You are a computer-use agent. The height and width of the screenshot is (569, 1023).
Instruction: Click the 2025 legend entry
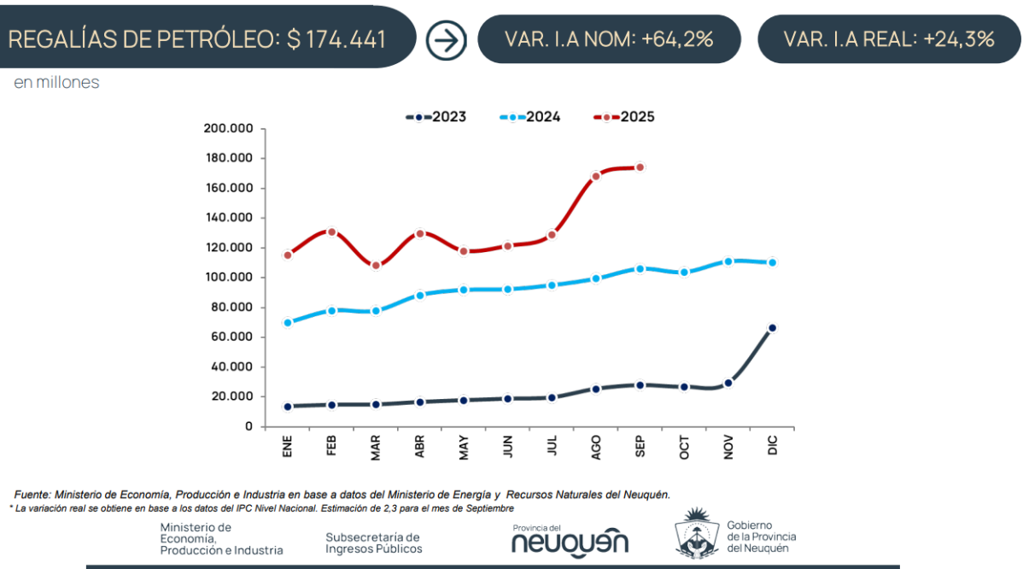(623, 117)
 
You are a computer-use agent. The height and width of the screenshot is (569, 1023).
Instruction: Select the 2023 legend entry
(436, 117)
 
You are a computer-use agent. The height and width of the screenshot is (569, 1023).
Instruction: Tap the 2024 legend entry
(529, 117)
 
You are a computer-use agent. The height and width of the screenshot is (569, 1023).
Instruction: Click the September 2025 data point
(640, 167)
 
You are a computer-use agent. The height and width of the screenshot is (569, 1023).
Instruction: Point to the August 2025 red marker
(596, 176)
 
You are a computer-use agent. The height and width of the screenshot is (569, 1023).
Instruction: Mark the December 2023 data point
(772, 328)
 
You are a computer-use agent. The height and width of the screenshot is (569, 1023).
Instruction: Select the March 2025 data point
(376, 266)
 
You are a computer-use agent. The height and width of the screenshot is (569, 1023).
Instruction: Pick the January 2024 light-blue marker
(288, 323)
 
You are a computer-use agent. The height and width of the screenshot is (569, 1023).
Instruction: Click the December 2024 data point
(772, 262)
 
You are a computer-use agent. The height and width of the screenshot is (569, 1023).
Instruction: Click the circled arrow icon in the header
(446, 39)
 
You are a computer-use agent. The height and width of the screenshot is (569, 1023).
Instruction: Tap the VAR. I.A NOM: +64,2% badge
(609, 39)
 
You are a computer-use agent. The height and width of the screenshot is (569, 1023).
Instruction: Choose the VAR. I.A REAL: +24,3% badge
(889, 39)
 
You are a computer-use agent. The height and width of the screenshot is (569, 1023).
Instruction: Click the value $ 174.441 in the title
(336, 39)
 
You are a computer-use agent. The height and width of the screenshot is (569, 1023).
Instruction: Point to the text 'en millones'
(56, 83)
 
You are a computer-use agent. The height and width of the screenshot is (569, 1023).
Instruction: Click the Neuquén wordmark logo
(570, 541)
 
